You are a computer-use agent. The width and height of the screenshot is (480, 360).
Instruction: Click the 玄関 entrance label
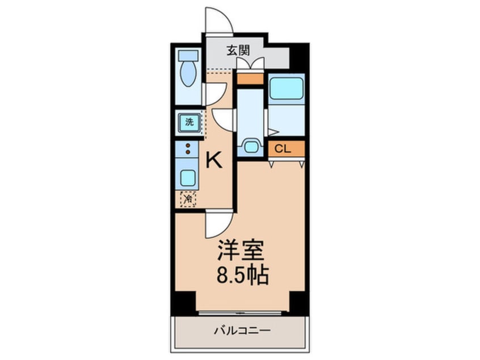tap(238, 50)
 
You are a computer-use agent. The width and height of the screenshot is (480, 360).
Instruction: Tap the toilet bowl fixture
tap(188, 71)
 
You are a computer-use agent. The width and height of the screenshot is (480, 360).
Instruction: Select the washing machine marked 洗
tap(188, 121)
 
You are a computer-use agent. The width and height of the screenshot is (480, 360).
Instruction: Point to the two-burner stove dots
tap(187, 149)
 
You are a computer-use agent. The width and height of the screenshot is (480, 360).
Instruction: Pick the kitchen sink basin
tap(187, 177)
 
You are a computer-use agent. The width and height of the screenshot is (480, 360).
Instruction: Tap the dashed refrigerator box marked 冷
tap(188, 199)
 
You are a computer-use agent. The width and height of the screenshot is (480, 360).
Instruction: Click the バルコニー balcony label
tap(242, 330)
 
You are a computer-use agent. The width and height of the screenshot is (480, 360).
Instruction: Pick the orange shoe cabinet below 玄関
tap(250, 79)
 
